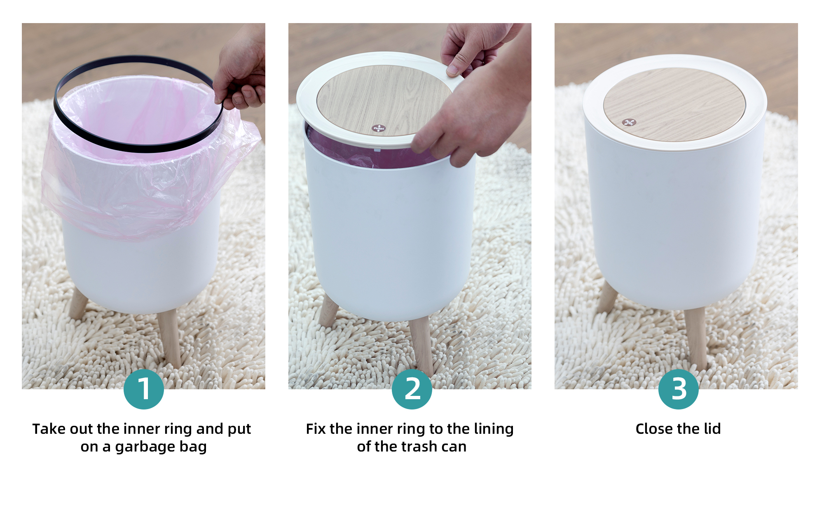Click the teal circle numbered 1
[x=144, y=389]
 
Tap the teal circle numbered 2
[x=412, y=389]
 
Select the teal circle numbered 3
[x=679, y=389]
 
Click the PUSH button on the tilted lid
[x=379, y=128]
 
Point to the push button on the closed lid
[x=629, y=122]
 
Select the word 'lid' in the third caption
[x=712, y=429]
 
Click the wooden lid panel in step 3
[x=674, y=105]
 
